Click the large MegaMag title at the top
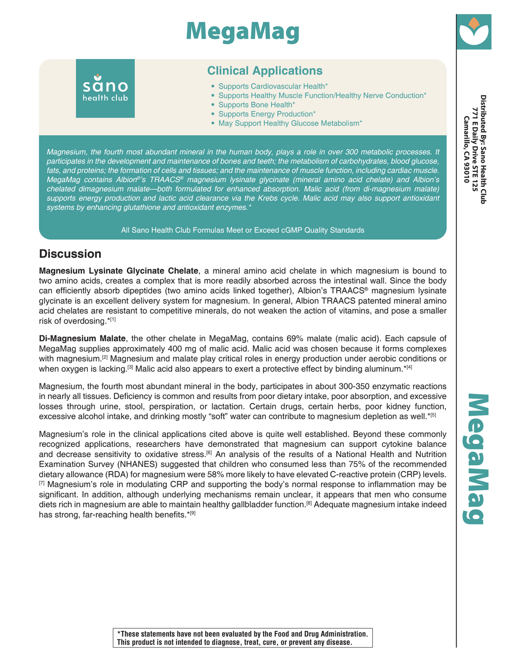click(x=243, y=32)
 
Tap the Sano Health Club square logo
click(x=105, y=88)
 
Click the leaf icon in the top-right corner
click(x=474, y=32)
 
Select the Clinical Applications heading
click(x=265, y=71)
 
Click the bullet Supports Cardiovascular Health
click(x=273, y=86)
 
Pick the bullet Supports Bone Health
click(x=257, y=105)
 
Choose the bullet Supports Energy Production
click(x=267, y=114)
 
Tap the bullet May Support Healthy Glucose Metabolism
click(x=290, y=123)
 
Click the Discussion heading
click(x=70, y=254)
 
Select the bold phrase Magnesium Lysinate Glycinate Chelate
click(x=118, y=271)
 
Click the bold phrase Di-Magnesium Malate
click(x=82, y=339)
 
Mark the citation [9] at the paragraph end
click(x=192, y=514)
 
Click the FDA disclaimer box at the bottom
click(x=243, y=638)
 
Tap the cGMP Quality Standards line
click(x=243, y=230)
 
